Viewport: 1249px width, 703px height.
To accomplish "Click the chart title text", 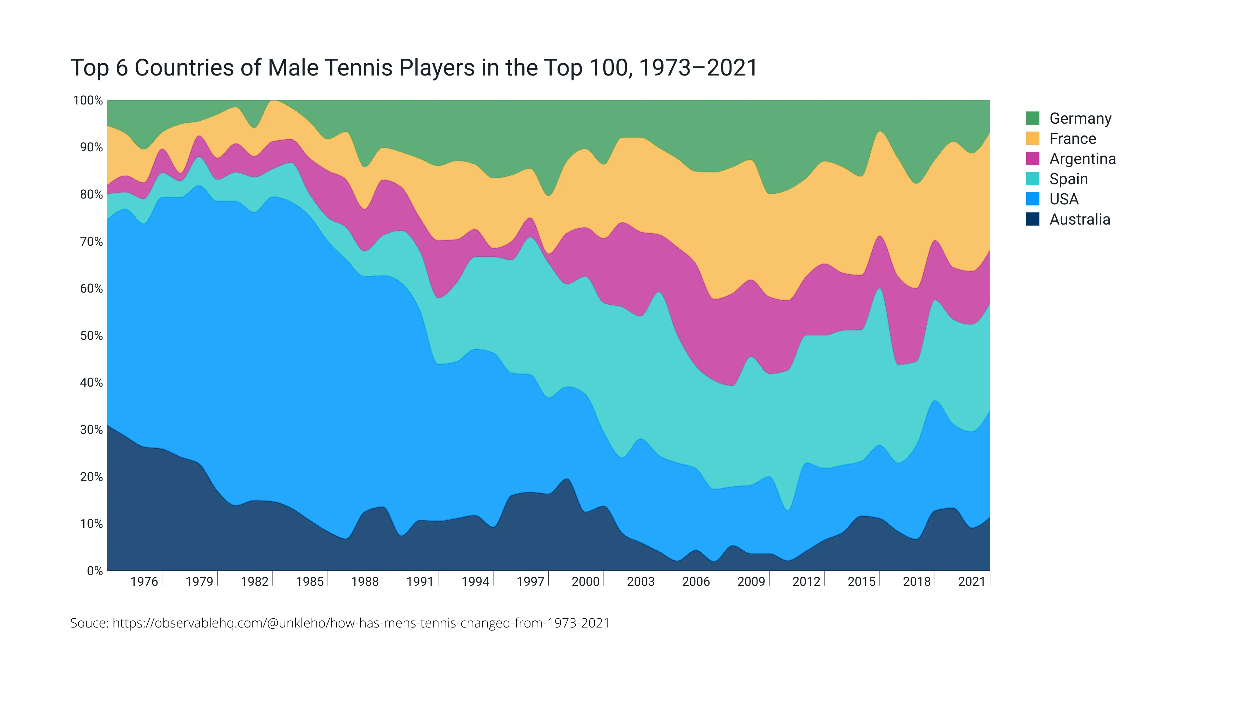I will (414, 68).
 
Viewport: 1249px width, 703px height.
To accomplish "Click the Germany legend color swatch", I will (1032, 118).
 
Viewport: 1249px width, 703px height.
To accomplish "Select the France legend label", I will (1072, 139).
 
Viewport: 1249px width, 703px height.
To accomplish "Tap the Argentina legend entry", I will (1082, 159).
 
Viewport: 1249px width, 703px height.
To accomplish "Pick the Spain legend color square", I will (1032, 179).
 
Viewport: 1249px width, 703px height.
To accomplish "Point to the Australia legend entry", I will (1079, 220).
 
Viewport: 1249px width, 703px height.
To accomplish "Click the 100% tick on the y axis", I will (88, 101).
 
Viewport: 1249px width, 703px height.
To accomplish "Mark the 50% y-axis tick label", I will (91, 336).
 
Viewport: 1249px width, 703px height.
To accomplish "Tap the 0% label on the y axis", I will (95, 571).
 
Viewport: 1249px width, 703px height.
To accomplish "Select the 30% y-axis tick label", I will (91, 430).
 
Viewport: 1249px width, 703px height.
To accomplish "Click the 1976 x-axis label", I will (144, 582).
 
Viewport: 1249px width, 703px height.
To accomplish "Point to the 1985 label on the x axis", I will (310, 582).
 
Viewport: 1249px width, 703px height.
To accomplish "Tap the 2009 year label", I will (751, 582).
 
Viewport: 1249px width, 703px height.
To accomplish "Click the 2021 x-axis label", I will (972, 582).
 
